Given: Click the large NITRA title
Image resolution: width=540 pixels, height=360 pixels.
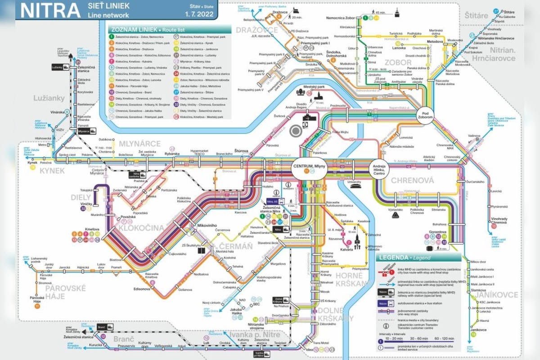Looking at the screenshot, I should point(49,10).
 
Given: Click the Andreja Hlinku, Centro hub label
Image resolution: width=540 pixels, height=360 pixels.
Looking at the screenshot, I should point(379,170).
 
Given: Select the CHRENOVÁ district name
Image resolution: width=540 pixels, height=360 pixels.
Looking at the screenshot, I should point(412,180).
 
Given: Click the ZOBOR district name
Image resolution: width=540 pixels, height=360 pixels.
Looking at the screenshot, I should point(397,63).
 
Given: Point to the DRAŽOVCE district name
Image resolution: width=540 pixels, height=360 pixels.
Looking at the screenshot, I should point(250,29).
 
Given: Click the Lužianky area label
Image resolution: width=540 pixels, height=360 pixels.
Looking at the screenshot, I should point(49,98).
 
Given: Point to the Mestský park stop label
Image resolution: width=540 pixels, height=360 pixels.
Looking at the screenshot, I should point(314,87).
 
